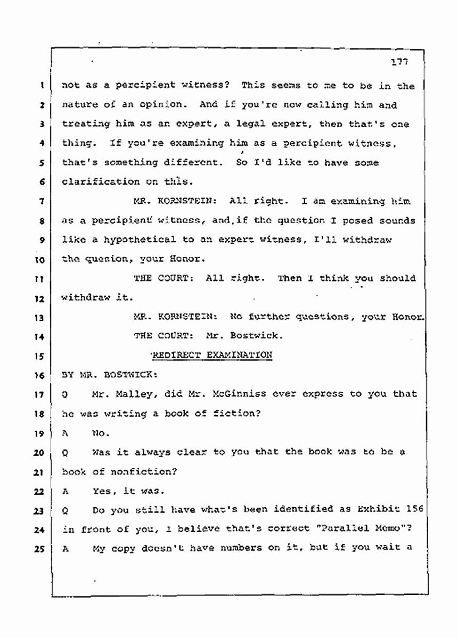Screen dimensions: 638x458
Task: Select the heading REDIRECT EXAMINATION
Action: tap(212, 355)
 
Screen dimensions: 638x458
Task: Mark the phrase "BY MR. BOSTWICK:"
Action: tap(109, 374)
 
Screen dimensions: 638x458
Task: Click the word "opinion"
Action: tap(133, 105)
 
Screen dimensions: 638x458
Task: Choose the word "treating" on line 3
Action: tap(85, 124)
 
